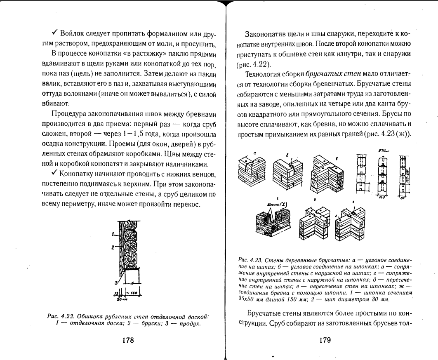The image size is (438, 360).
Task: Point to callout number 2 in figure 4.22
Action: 112,248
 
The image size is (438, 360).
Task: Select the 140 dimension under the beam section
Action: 382,198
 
